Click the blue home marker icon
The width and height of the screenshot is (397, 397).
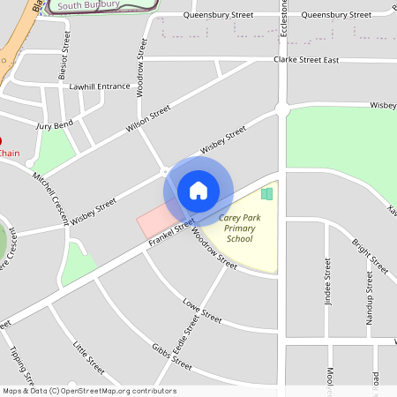(x=198, y=190)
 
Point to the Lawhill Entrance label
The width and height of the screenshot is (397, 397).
(x=100, y=86)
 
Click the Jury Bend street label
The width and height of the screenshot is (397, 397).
(x=55, y=126)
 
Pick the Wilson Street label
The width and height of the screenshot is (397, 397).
(x=147, y=119)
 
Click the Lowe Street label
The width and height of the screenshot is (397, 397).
(x=202, y=311)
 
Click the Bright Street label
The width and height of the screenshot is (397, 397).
(x=370, y=255)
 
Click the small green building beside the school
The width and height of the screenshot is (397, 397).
(x=266, y=194)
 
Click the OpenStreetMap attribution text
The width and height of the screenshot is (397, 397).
(x=88, y=391)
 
